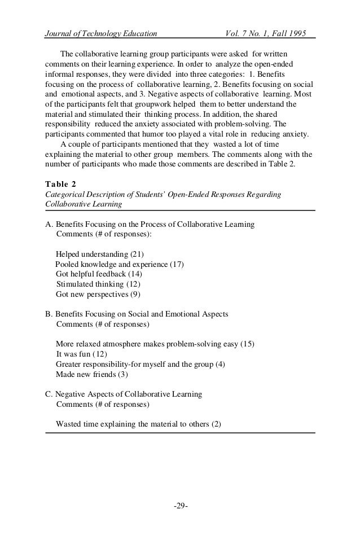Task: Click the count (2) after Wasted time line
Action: click(x=216, y=424)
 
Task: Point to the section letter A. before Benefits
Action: click(x=49, y=224)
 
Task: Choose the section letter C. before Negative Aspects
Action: click(x=49, y=394)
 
